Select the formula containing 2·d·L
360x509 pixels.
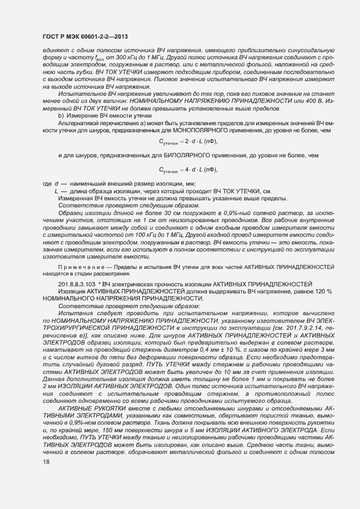pos(188,142)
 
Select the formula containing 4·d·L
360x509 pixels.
pos(188,170)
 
